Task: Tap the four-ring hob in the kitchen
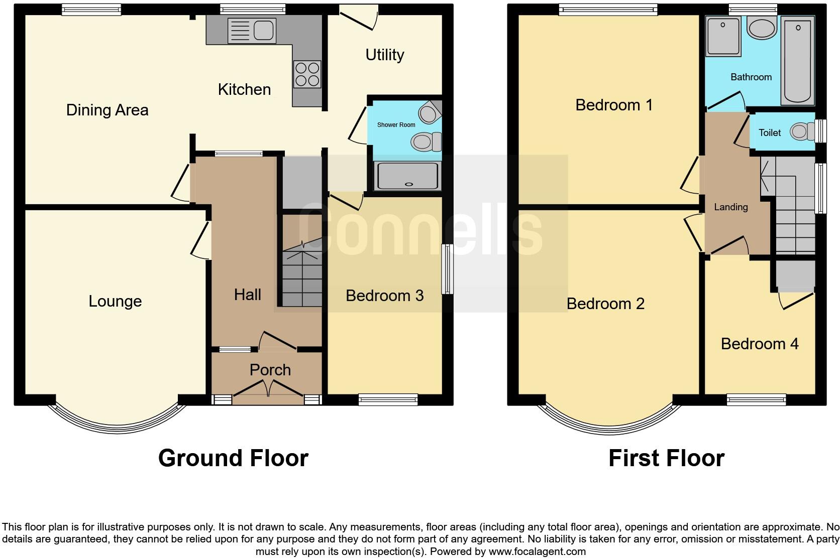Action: (x=307, y=74)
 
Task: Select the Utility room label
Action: (x=385, y=55)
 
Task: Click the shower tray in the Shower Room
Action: (x=408, y=176)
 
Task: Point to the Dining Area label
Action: (x=107, y=110)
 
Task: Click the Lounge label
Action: (x=115, y=301)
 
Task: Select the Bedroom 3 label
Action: (x=384, y=296)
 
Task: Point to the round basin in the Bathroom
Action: (x=761, y=28)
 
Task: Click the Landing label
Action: (x=730, y=207)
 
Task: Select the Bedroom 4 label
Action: (x=759, y=344)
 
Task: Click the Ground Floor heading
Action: (x=233, y=458)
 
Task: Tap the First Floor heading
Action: (x=666, y=458)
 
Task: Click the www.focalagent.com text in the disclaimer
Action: (x=537, y=551)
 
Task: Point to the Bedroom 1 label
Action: (x=613, y=105)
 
